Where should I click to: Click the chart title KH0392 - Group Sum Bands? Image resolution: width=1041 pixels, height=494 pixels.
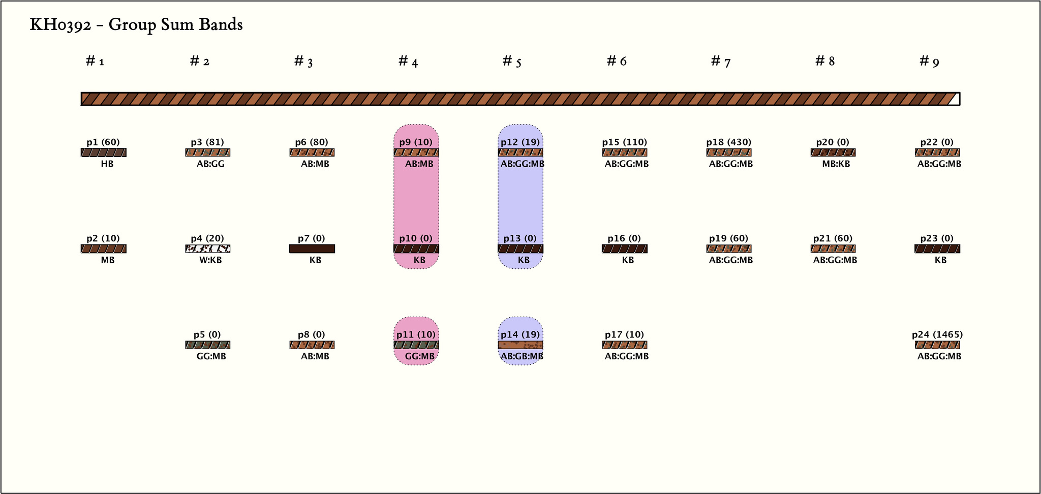coord(136,25)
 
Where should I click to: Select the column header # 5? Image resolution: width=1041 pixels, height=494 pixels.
coord(512,61)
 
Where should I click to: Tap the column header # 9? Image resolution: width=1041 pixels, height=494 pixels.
coord(929,61)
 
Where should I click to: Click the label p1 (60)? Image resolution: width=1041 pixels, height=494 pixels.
coord(103,142)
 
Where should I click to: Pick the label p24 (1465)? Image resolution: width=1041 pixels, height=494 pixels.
coord(937,334)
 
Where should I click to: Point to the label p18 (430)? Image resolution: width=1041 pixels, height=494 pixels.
coord(728,142)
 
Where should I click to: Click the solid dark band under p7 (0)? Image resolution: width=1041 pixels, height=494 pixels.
coord(312,249)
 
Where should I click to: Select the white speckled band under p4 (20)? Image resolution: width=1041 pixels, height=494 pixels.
coord(207,249)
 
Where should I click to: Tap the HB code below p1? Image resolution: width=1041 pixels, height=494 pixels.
coord(107,164)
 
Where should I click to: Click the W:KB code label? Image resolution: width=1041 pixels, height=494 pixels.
coord(210,260)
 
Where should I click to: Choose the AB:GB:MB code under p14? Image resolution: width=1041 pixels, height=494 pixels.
coord(522,356)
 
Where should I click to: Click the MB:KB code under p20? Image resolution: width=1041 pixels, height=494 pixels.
coord(836,164)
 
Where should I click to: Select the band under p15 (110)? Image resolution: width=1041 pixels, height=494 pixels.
coord(624,152)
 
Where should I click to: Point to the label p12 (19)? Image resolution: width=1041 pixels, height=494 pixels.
coord(520,142)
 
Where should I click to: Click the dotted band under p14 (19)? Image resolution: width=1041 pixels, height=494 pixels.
coord(520,345)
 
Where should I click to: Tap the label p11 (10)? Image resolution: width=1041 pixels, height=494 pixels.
coord(416,334)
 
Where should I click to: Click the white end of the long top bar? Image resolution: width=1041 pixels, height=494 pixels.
coord(955,99)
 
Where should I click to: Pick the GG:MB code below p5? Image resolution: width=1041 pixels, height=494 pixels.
coord(211,356)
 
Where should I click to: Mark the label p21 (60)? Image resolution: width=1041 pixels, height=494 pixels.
coord(833,238)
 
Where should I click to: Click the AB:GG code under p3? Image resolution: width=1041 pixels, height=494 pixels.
coord(210,164)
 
